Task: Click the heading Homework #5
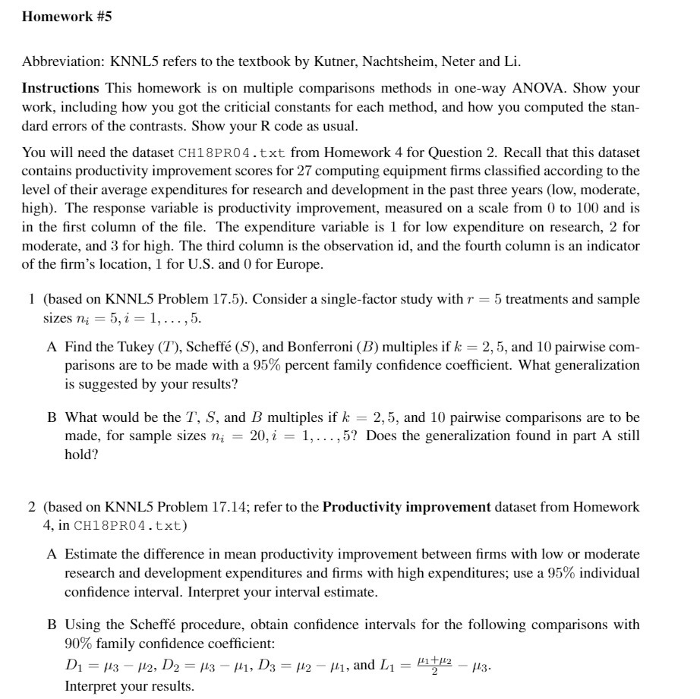(67, 17)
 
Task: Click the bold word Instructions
(60, 89)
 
